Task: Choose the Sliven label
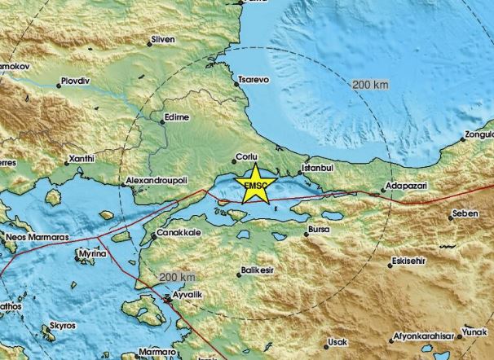165,37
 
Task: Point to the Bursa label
320,231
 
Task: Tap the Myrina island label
92,255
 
